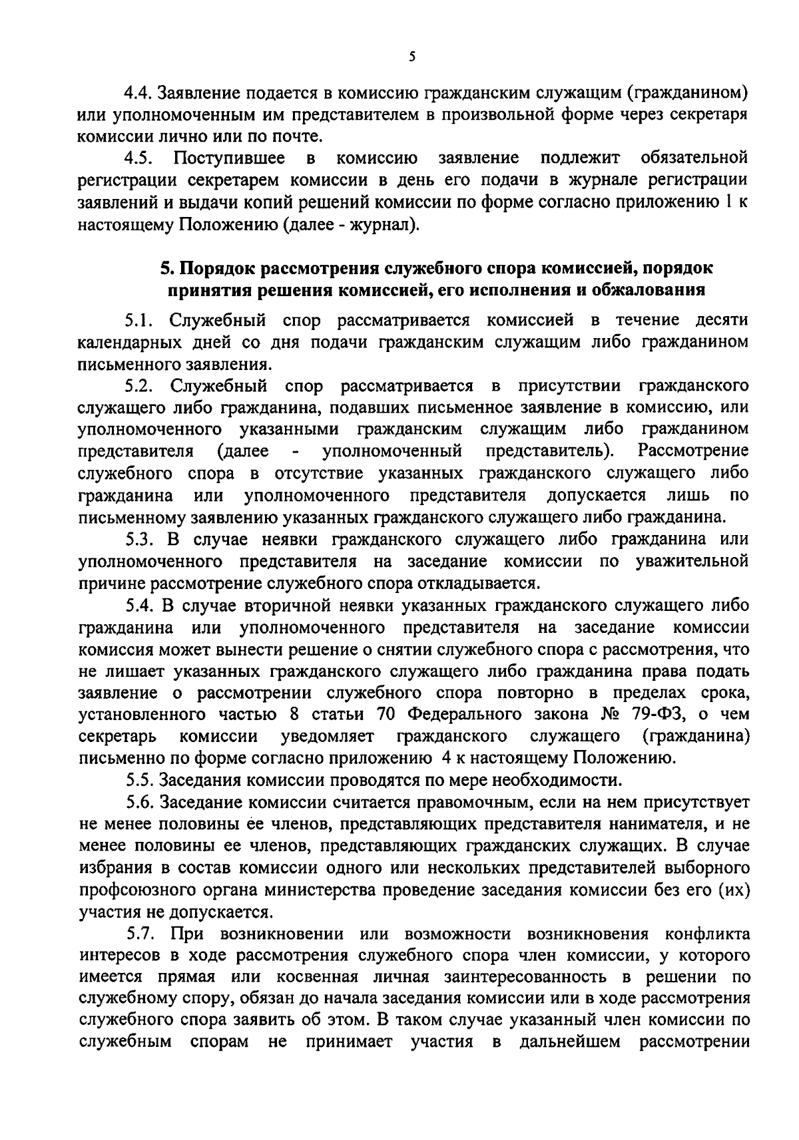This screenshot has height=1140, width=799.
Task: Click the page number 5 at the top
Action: (x=412, y=58)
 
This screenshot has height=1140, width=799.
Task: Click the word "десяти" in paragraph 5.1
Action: (x=722, y=321)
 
